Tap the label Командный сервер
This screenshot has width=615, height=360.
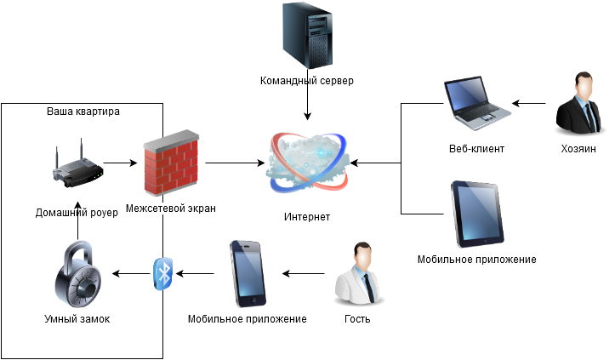pos(306,81)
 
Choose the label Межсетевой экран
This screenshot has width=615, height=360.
pos(170,208)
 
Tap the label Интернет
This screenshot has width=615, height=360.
pos(307,217)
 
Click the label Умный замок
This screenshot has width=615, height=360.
pos(77,319)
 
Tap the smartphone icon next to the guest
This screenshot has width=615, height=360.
pos(248,274)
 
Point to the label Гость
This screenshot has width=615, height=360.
pos(357,319)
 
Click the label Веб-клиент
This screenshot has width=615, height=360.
pos(476,149)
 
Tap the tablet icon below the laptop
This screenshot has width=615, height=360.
pos(476,214)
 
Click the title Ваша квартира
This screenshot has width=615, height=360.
pos(82,111)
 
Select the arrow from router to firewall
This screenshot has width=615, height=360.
pos(121,162)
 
